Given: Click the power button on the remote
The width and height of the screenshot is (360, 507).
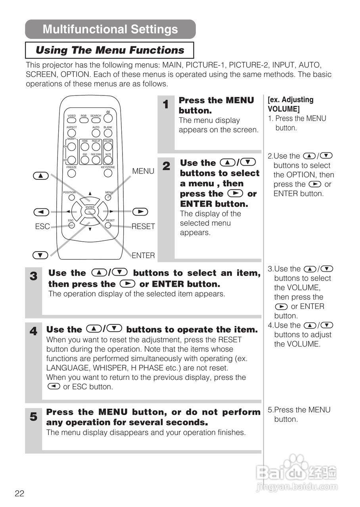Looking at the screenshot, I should [x=108, y=118].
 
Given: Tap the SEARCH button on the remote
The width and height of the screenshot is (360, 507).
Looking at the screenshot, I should [x=96, y=120].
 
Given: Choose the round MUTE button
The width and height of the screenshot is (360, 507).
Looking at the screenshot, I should [x=108, y=160].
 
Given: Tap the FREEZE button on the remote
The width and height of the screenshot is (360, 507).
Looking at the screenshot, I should [x=72, y=173].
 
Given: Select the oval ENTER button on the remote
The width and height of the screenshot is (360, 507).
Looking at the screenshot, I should [x=90, y=211].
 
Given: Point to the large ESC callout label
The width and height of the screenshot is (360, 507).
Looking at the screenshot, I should [x=42, y=227].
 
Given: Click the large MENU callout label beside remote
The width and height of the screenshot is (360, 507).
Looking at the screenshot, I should [x=143, y=171].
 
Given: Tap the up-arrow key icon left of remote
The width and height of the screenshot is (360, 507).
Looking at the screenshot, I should [x=40, y=175].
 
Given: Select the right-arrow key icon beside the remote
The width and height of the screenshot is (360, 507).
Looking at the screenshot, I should [x=140, y=212].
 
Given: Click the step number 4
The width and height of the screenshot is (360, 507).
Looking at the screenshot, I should [x=34, y=331].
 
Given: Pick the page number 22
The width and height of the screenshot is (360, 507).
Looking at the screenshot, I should [x=19, y=494].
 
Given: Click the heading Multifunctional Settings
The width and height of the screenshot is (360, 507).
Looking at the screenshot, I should [x=110, y=29].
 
